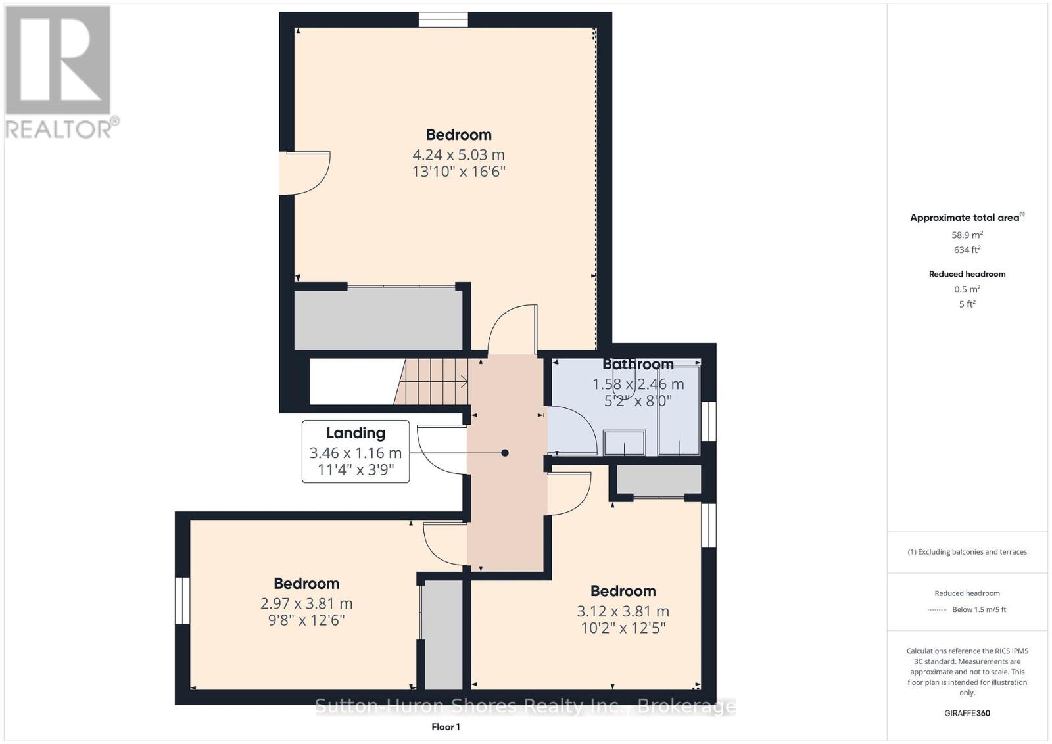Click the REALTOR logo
point(62,73)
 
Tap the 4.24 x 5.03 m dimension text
point(458,154)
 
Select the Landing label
point(356,432)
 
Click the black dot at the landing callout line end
point(505,453)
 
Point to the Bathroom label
point(638,364)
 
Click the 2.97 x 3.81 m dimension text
point(306,603)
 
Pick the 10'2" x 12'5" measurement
point(623,628)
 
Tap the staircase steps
point(431,382)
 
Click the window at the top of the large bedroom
point(443,20)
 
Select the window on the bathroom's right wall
point(709,421)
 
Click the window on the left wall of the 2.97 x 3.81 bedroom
point(182,601)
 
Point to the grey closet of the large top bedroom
point(379,319)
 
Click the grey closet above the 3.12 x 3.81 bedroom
point(659,479)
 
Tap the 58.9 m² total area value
point(967,235)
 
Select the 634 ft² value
point(967,250)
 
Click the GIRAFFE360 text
point(967,714)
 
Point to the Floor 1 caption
point(446,727)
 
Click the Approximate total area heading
point(967,218)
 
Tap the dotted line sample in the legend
point(937,610)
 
